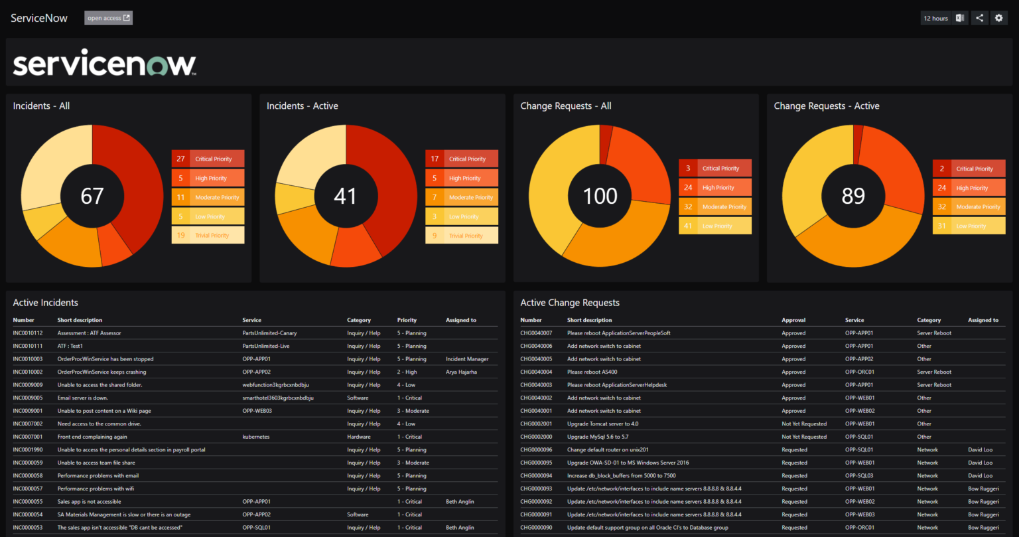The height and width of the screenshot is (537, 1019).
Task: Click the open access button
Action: coord(108,18)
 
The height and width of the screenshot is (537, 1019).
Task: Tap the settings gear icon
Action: coord(999,18)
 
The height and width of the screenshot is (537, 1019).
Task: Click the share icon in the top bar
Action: coord(979,18)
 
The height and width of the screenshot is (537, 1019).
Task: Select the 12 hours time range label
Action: coord(935,19)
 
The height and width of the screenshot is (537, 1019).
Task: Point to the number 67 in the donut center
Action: coord(92,196)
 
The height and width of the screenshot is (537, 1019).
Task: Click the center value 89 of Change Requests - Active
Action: coord(853,196)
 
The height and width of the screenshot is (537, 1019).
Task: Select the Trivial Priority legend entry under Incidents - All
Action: coord(208,235)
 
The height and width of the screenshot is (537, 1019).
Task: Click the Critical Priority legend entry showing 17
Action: coord(462,159)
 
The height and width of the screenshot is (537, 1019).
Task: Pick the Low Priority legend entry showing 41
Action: coord(715,226)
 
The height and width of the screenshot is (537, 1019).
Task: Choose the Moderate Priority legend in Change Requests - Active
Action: coord(969,206)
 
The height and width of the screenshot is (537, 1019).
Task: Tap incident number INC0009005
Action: coord(28,398)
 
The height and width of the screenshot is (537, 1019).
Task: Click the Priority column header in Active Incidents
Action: coord(407,320)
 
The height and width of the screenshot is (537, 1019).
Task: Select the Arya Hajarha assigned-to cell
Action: coord(461,372)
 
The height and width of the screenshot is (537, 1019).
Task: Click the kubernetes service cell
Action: coord(256,437)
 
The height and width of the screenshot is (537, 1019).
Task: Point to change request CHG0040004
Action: coord(536,372)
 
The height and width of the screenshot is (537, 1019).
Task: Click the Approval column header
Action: coord(793,320)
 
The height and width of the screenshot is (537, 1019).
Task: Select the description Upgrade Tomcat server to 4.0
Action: coord(602,424)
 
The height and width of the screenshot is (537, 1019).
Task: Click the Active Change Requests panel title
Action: coord(570,303)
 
